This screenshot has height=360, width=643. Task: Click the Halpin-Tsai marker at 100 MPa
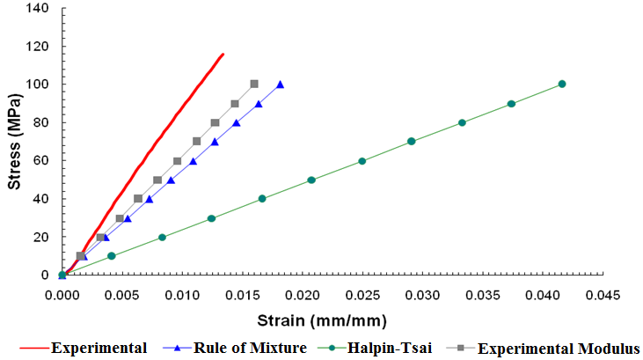point(562,84)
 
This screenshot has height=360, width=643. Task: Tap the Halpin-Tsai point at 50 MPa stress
point(311,180)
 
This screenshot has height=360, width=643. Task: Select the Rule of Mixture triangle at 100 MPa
point(280,84)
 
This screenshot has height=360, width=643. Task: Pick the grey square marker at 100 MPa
point(254,84)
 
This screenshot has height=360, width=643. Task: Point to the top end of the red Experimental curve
point(223,54)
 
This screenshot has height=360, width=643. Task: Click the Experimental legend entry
point(99,348)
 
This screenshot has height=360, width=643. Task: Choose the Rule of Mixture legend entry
point(250,348)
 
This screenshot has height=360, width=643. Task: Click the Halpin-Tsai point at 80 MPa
point(462,122)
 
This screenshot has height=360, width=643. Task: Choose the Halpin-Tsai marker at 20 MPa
point(162,237)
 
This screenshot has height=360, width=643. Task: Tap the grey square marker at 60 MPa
point(178,161)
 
